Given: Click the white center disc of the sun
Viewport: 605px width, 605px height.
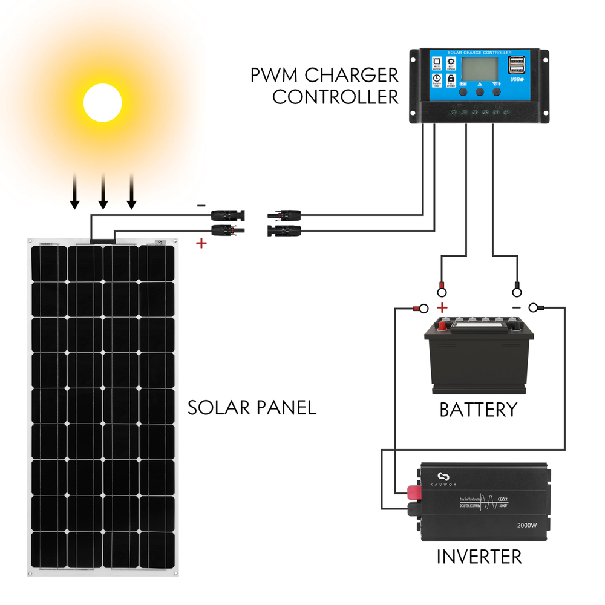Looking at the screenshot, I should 103,103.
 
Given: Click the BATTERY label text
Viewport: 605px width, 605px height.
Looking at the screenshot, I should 478,410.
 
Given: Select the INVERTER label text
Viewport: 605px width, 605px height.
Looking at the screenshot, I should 479,556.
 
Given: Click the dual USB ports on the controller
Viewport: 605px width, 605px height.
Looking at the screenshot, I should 517,66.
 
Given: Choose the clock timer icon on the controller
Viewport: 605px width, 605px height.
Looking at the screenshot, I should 436,80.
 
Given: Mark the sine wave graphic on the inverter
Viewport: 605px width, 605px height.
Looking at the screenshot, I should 475,502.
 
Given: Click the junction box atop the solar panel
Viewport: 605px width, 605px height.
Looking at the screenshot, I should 102,241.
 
